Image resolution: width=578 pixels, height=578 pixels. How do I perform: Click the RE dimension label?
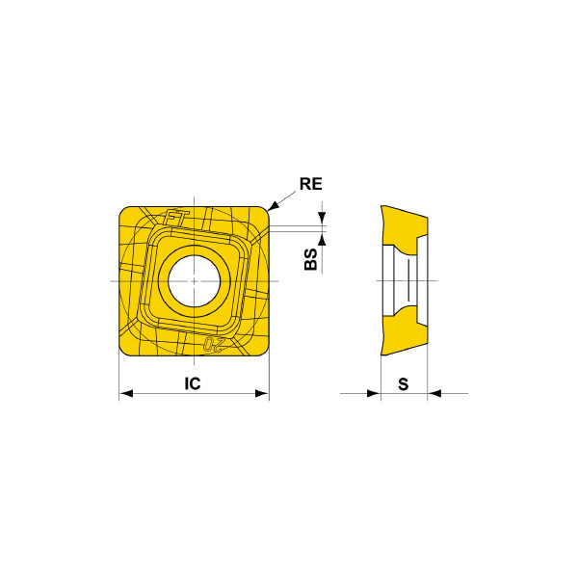(311, 184)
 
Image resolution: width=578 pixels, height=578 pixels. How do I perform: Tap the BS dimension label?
(311, 259)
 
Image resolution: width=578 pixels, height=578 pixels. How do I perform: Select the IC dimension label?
(193, 383)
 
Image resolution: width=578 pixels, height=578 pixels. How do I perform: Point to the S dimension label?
(404, 384)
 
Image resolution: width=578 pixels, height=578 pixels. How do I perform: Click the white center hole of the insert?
(195, 280)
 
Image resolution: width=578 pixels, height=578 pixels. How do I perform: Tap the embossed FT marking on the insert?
(175, 219)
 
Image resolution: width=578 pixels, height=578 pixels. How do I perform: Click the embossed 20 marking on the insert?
(214, 345)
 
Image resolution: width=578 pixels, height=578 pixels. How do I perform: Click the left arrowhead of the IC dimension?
(126, 393)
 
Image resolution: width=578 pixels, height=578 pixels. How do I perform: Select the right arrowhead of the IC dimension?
(262, 393)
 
